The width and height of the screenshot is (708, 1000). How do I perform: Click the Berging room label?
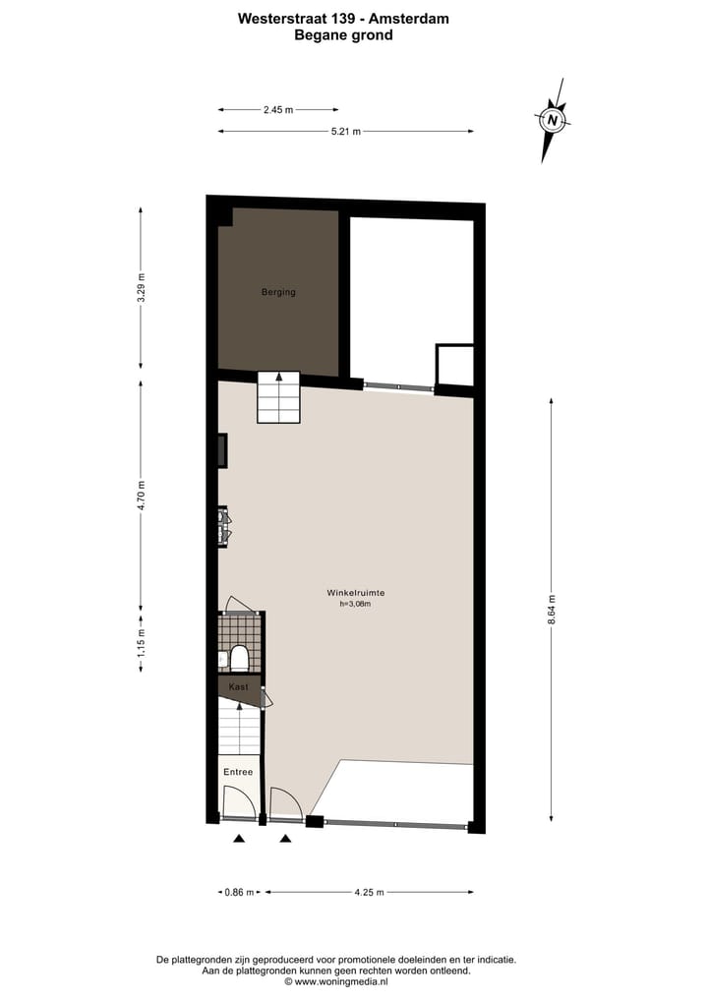(x=278, y=292)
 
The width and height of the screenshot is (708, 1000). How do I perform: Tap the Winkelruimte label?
(x=355, y=593)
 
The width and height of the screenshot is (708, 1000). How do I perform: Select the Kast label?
(x=238, y=686)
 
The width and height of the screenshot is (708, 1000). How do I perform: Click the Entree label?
(x=238, y=772)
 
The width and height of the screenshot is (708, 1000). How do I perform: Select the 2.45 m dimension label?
(x=278, y=110)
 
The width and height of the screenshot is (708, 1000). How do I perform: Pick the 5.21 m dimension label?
(x=345, y=131)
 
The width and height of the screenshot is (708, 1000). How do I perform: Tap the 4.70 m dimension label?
(x=141, y=493)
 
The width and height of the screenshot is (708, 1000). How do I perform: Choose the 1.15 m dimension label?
(x=141, y=645)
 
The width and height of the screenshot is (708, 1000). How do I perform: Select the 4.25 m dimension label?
(x=369, y=892)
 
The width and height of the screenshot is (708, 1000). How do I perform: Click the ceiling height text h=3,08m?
(x=355, y=605)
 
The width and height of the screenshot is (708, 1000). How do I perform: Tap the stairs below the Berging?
(x=278, y=397)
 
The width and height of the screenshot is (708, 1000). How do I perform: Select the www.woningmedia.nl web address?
(x=341, y=981)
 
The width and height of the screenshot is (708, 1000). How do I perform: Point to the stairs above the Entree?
(x=240, y=730)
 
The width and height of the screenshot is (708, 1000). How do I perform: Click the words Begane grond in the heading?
(x=343, y=35)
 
